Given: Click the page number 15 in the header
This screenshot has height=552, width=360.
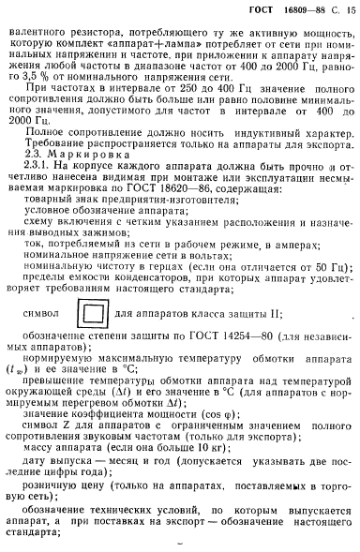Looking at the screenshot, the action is pyautogui.click(x=350, y=9).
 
